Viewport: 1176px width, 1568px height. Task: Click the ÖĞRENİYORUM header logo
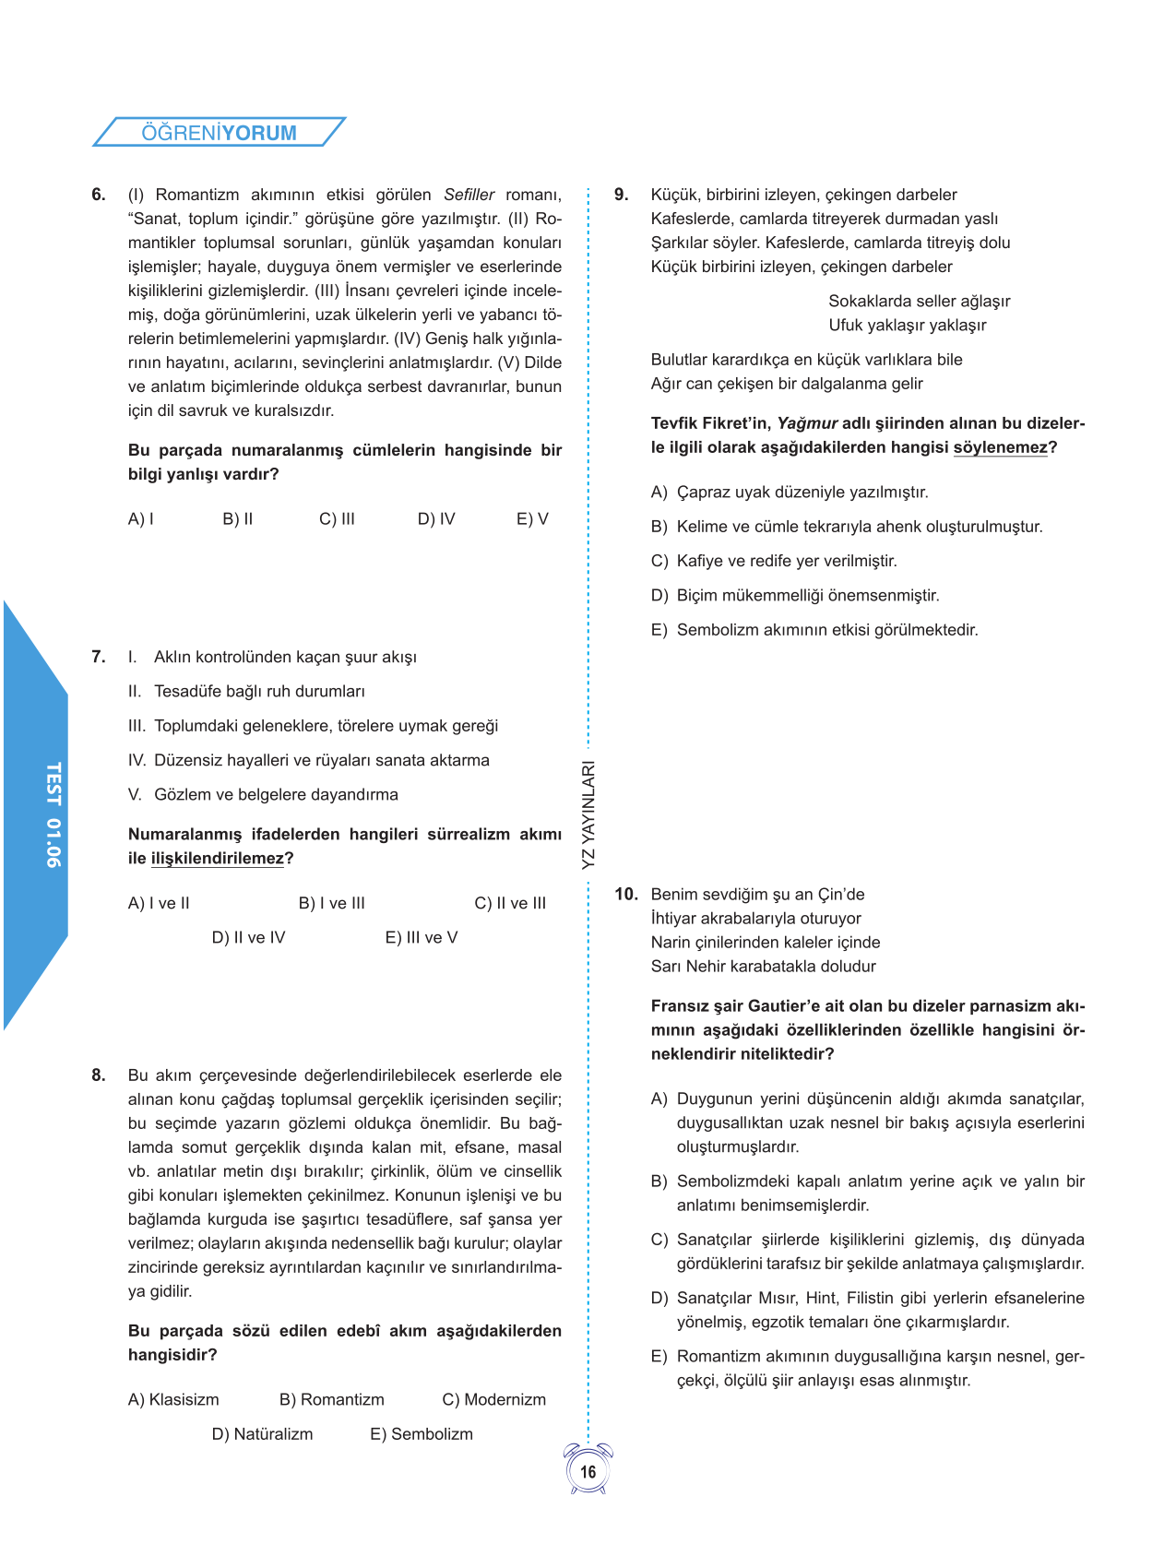click(x=219, y=132)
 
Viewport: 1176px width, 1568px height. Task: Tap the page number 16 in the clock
click(x=588, y=1471)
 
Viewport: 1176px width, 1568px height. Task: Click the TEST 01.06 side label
click(x=53, y=814)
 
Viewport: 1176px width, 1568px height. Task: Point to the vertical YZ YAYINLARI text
click(x=588, y=814)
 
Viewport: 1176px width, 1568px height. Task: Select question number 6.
click(x=99, y=195)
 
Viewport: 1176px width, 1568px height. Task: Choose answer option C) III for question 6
click(x=337, y=519)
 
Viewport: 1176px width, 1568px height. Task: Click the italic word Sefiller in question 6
click(x=469, y=195)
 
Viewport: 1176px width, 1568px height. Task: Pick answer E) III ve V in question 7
click(x=422, y=938)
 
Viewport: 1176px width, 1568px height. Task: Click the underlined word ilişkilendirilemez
click(x=218, y=859)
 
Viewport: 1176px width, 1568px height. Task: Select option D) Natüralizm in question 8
click(x=263, y=1434)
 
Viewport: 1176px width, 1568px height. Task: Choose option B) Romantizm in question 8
click(x=332, y=1400)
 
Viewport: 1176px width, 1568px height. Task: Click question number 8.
click(x=99, y=1075)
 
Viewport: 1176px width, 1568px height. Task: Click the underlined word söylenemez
click(x=1001, y=447)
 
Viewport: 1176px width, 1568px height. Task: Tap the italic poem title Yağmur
click(x=807, y=423)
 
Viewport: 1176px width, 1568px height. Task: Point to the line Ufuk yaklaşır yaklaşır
click(x=908, y=326)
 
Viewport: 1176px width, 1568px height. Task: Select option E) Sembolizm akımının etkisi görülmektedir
click(x=815, y=630)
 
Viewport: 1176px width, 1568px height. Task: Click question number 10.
click(x=626, y=895)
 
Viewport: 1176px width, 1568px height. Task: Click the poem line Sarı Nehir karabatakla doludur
click(x=764, y=967)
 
